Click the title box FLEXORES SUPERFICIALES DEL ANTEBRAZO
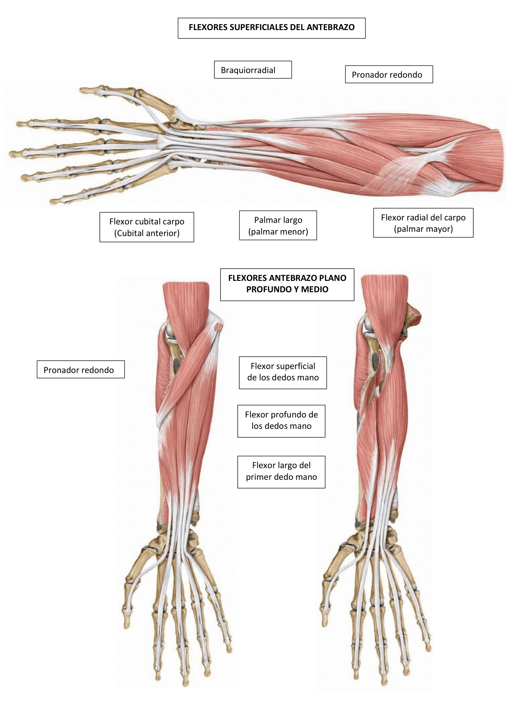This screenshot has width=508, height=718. pos(272,28)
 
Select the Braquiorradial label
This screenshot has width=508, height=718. pos(253,70)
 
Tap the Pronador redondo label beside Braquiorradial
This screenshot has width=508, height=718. pos(389,74)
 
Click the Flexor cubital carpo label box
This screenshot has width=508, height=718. pos(147,227)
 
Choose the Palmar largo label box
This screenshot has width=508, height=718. pos(278,226)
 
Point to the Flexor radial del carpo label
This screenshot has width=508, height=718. pos(423,223)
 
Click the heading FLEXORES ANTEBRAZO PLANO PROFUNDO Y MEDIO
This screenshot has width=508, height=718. pos(287,285)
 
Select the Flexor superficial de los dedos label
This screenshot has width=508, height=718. pos(283,373)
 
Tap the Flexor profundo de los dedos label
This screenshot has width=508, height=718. pos(281,421)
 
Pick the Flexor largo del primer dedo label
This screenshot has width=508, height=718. pos(281,472)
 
